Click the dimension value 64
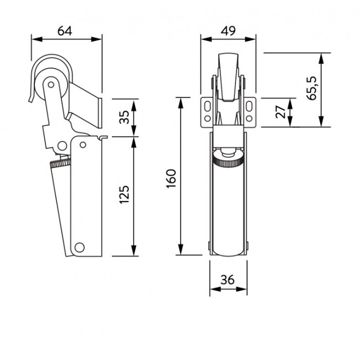click(x=65, y=30)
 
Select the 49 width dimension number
click(x=228, y=30)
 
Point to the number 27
click(x=281, y=111)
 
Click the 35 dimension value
click(x=125, y=117)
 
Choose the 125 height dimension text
click(x=125, y=196)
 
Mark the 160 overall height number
click(x=171, y=178)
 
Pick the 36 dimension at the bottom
click(x=228, y=281)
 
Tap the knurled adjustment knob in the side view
click(x=59, y=164)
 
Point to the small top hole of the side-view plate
click(x=82, y=145)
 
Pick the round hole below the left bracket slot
click(x=207, y=117)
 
